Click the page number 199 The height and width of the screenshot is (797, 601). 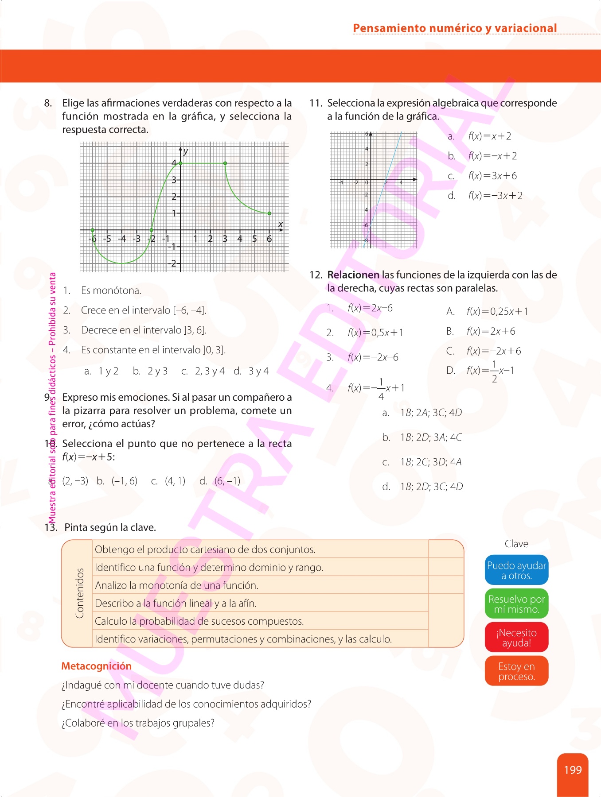tap(573, 770)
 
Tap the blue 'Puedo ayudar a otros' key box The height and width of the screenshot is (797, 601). tap(516, 570)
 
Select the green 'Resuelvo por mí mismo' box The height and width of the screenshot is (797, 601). tap(516, 604)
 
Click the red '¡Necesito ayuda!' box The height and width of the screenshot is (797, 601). tap(516, 638)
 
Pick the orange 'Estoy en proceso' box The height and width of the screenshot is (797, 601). tap(516, 671)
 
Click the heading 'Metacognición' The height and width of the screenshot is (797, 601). tap(96, 666)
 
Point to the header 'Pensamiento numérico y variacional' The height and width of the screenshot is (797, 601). tap(455, 28)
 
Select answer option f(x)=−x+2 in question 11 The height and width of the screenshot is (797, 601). tap(492, 156)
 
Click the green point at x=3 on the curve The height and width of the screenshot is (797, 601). tap(225, 163)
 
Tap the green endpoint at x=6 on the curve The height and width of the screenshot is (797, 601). tap(269, 213)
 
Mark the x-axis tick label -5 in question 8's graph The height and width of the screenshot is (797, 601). tap(107, 239)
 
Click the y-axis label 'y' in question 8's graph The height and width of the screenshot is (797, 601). tap(186, 151)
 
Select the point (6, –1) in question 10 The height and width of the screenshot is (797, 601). tap(227, 481)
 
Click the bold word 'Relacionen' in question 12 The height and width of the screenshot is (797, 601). tap(353, 275)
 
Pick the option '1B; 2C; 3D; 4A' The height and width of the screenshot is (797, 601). tap(430, 462)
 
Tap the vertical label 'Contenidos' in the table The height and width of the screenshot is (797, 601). tap(79, 593)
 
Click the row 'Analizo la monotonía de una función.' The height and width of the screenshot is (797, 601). tap(176, 585)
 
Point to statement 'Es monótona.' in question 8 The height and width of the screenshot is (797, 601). tap(111, 290)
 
